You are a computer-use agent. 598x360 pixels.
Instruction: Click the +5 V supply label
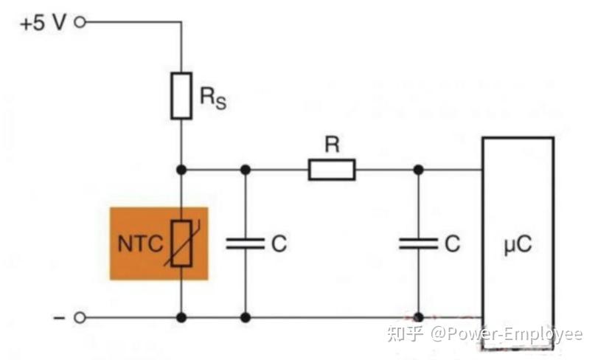coord(43,22)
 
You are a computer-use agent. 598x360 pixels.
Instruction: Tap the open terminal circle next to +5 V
coord(80,22)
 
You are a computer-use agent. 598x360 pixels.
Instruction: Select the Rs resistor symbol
coord(181,95)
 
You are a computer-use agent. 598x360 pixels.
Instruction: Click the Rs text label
coord(212,98)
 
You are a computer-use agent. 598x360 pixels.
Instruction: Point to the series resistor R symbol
coord(331,170)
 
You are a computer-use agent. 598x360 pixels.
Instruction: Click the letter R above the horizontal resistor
coord(332,145)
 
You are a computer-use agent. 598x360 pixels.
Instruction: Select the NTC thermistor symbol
coord(181,243)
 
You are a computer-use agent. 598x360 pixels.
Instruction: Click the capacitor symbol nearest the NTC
coord(246,243)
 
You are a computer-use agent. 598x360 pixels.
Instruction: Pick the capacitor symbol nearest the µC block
coord(418,243)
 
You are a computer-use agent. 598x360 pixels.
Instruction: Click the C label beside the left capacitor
coord(279,243)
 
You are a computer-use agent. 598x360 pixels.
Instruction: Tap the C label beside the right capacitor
coord(452,243)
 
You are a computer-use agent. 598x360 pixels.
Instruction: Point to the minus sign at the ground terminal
coord(59,317)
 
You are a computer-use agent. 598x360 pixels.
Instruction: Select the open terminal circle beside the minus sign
coord(80,317)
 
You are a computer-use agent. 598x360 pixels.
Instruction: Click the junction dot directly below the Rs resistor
coord(181,170)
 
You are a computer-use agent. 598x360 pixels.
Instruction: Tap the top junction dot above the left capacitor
coord(246,170)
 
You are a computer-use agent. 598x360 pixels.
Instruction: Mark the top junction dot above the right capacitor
coord(418,170)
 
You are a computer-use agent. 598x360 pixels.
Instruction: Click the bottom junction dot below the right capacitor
coord(418,317)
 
